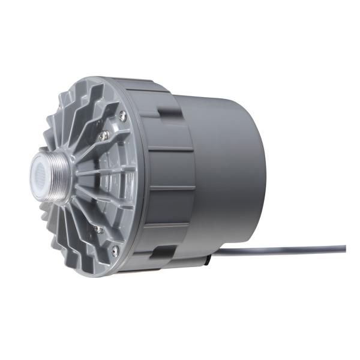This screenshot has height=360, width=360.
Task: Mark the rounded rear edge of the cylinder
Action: (264, 180)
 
